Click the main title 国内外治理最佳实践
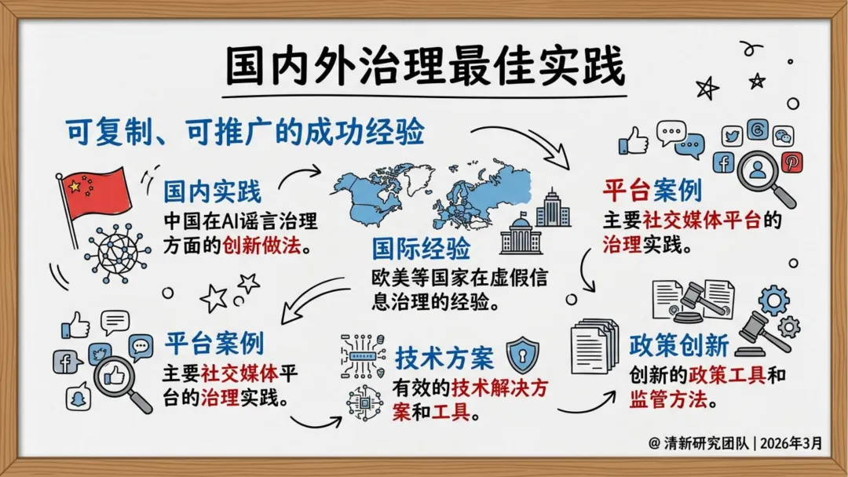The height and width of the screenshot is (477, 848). (425, 67)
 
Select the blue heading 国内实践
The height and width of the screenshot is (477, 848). (212, 191)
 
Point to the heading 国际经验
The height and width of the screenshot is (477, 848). (421, 249)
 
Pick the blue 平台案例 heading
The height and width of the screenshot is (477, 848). (214, 343)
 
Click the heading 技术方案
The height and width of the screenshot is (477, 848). (444, 359)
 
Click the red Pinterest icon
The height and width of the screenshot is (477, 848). (791, 162)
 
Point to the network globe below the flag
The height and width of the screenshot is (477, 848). (119, 252)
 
